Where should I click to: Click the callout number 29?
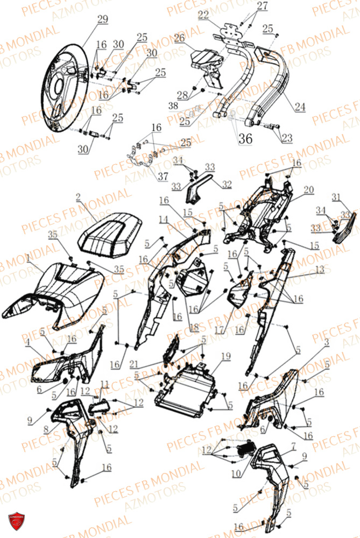coord(102,19)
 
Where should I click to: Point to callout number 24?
coord(300,107)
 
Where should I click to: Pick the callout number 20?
coord(308,189)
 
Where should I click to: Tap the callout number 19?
coord(225,356)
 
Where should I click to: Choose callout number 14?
coord(163,220)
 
